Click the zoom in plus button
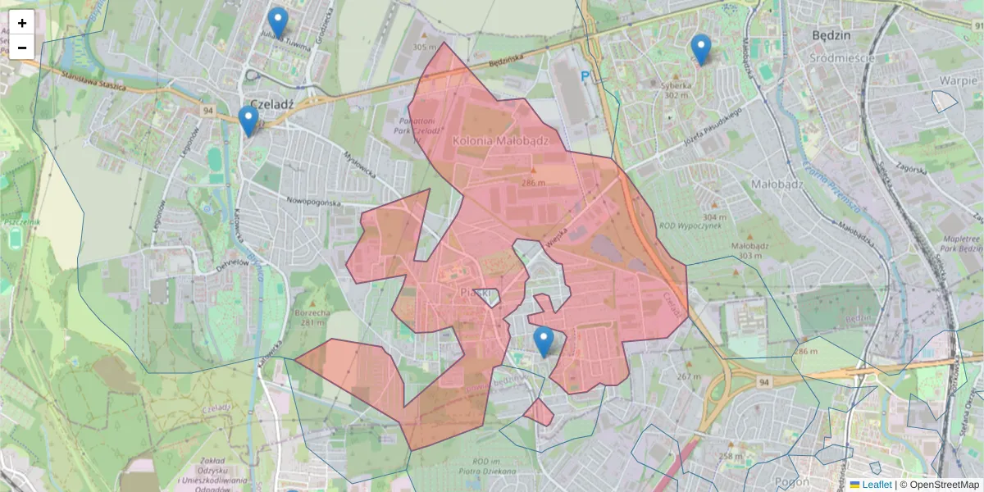pos(22,23)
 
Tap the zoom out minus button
pos(22,48)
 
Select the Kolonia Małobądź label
pos(499,141)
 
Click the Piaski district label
pos(475,293)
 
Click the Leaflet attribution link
pos(877,485)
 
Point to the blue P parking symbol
pos(585,76)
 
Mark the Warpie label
pos(960,81)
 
